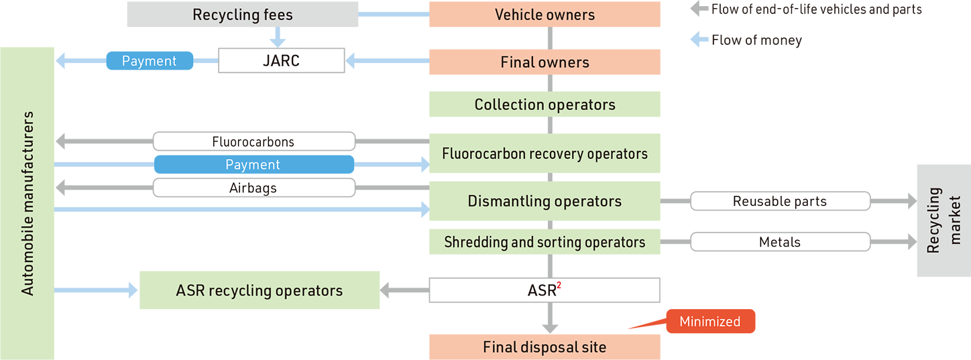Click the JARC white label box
click(281, 61)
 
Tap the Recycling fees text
click(242, 15)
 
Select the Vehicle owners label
click(545, 15)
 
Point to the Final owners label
click(545, 62)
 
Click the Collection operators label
click(545, 105)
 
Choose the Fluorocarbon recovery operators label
click(545, 154)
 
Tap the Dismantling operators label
click(545, 201)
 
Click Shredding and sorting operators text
click(545, 242)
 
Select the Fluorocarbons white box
click(253, 141)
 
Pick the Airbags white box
click(253, 188)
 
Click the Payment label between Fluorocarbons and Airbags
click(253, 165)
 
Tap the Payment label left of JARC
click(149, 61)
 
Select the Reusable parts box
click(780, 201)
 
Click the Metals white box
click(780, 242)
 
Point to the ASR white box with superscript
click(544, 290)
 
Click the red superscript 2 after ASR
click(559, 286)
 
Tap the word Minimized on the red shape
click(709, 322)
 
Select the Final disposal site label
click(545, 347)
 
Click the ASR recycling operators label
click(259, 290)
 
